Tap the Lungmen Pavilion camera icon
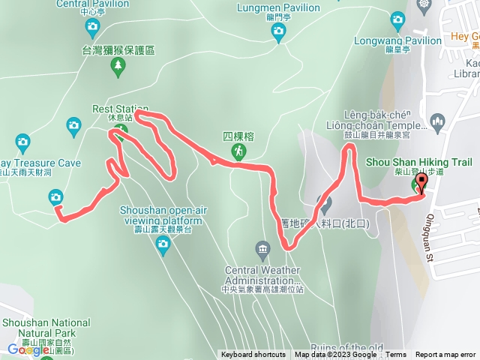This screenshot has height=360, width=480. [x=278, y=31]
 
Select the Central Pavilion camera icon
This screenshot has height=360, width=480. [x=92, y=28]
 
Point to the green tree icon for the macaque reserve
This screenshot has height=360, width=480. [x=118, y=69]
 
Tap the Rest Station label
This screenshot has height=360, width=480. [x=119, y=109]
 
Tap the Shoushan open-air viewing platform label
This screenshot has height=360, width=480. [x=161, y=205]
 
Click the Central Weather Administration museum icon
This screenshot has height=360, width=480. [x=262, y=248]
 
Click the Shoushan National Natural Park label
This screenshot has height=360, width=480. [x=46, y=328]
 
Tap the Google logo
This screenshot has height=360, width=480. [x=28, y=349]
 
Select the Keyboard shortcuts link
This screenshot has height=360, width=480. [x=253, y=355]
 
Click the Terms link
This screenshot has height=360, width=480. [x=396, y=355]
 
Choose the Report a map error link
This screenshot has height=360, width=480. [x=445, y=355]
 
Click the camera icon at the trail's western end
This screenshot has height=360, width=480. [x=55, y=197]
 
